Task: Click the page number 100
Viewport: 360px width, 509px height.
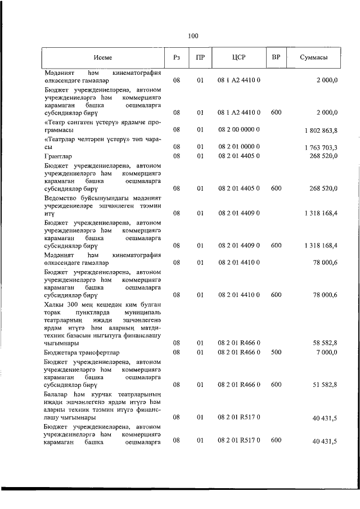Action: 193,36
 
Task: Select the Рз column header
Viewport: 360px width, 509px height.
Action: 177,57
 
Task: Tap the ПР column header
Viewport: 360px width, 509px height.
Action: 200,57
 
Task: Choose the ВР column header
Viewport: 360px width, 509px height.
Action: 276,57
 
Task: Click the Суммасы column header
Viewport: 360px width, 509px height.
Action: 314,57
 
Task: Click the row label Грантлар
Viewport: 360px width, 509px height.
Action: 59,156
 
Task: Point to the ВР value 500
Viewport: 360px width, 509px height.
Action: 276,352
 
